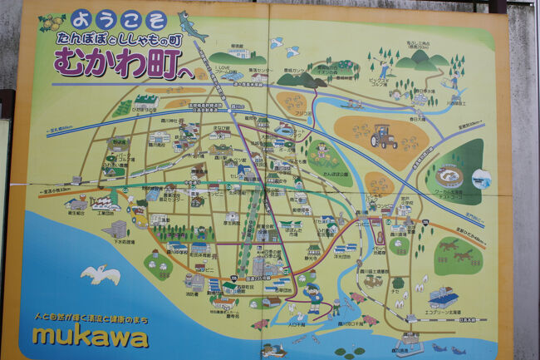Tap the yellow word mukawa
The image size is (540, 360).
90,336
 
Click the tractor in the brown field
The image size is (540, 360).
383,136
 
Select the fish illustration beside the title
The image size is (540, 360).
192,25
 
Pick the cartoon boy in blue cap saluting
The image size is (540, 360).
313,297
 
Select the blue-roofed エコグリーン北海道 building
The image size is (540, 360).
442,297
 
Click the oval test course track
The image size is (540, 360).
449,175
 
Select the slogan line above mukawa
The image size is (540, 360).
91,318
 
